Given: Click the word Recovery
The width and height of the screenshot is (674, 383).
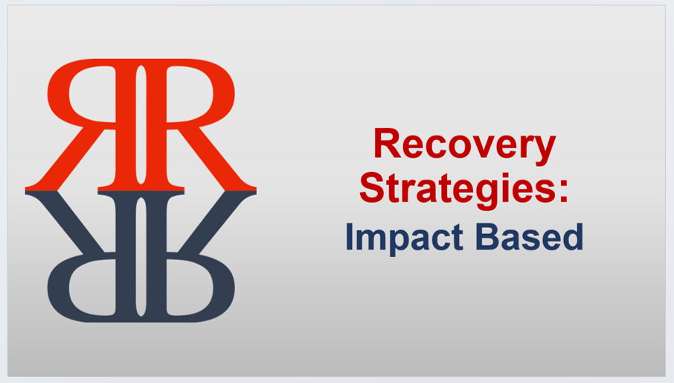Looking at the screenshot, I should coord(464,145).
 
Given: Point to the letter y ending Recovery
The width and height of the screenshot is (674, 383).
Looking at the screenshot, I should coord(545,149).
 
